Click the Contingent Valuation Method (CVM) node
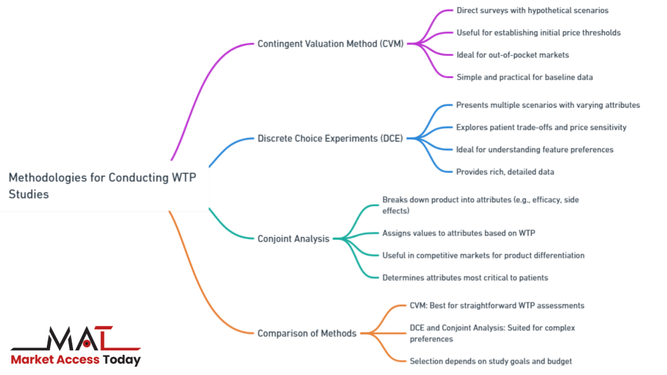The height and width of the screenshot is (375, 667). coord(330,44)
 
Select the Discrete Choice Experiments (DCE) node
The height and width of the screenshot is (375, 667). coord(330,138)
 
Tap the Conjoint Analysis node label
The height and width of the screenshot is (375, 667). coord(293,239)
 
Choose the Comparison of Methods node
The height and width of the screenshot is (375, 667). coord(307,333)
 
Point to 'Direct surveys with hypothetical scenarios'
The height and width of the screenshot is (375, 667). coord(532,11)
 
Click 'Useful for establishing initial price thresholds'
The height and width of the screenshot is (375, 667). coord(538,33)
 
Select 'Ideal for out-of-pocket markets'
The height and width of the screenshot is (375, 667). coord(512,55)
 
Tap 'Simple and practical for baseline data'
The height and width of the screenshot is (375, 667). coord(524,77)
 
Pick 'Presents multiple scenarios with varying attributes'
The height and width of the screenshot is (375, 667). coord(548,105)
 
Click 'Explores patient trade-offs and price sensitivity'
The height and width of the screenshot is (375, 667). coord(541,127)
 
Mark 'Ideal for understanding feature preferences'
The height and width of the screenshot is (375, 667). coord(534,149)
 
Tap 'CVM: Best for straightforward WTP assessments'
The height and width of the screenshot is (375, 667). coord(497,305)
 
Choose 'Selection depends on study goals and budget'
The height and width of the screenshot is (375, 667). coord(490,361)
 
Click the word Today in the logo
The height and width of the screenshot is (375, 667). coord(122,359)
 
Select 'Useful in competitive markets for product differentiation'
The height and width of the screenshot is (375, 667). coord(483,255)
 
